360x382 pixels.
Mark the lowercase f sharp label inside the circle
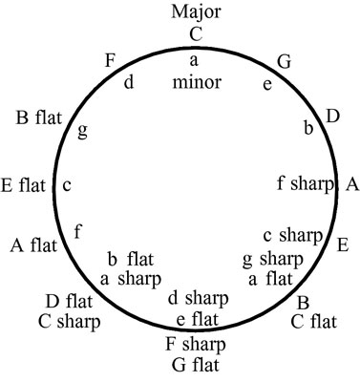(306, 182)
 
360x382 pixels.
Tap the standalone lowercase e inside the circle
(266, 84)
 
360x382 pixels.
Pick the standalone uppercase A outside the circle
(350, 183)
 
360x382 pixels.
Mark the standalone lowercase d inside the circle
(128, 82)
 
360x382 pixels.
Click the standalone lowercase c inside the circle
(67, 185)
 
